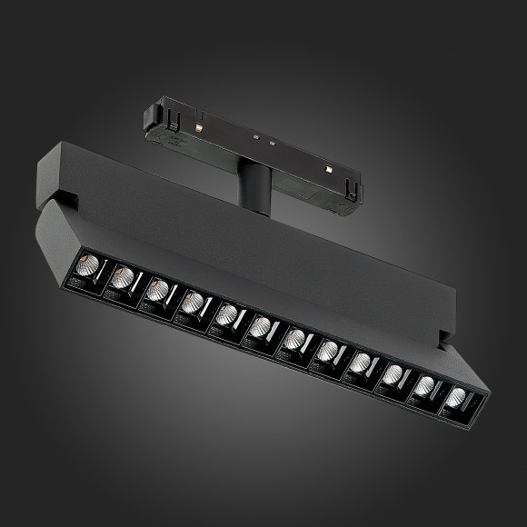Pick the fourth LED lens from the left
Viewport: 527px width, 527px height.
(191, 303)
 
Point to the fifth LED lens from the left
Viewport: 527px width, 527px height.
(225, 314)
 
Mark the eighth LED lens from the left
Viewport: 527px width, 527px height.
(328, 350)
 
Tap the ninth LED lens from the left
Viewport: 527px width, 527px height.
(361, 362)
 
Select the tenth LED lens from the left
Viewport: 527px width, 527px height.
(393, 373)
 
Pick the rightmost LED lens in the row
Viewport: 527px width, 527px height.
(456, 397)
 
